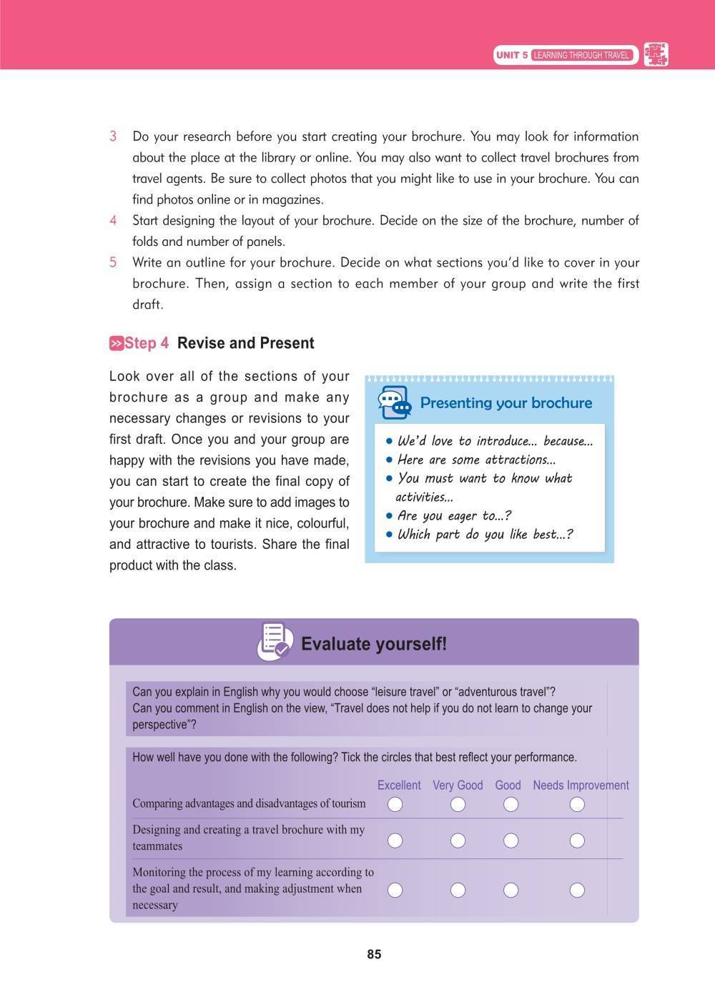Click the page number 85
374,954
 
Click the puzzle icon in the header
656,55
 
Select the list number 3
113,137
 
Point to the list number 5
113,262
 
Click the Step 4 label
147,344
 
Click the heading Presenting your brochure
506,403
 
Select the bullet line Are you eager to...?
454,516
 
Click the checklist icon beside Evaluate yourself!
275,642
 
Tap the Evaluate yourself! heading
374,644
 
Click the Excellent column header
399,785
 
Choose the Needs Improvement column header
581,785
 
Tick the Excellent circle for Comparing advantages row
395,805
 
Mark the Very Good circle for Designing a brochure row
458,840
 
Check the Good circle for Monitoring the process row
511,890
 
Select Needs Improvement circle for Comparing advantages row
577,805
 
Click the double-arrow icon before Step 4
117,344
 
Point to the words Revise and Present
245,344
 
